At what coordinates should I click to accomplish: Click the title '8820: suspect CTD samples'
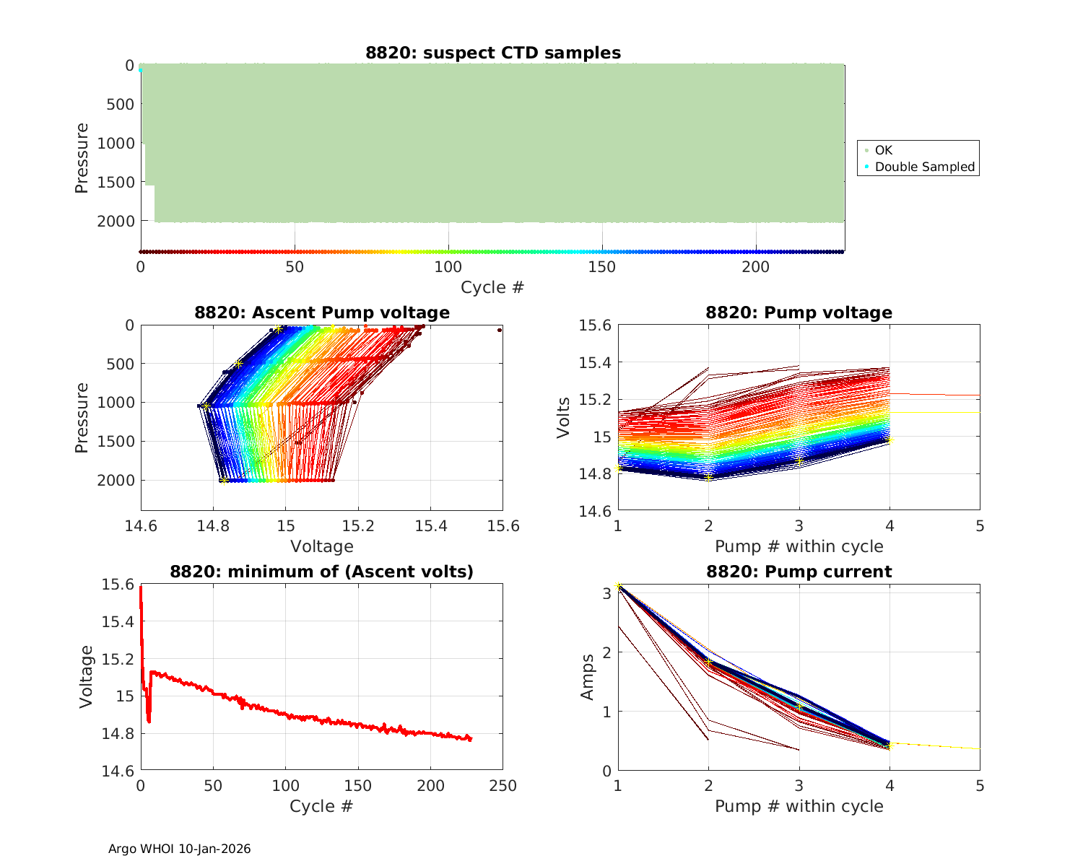492,53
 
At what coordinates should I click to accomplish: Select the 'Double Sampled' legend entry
924,167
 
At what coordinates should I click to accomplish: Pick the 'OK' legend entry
883,150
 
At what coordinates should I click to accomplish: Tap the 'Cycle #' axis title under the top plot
492,287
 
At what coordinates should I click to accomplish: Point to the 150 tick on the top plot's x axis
602,267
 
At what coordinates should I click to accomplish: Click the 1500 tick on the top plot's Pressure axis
116,182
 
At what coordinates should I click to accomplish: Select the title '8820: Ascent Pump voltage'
322,312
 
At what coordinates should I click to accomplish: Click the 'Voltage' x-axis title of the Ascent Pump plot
322,546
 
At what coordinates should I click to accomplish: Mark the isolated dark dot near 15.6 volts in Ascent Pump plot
499,330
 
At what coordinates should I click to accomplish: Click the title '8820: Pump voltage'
799,312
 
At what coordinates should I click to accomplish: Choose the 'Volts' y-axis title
563,418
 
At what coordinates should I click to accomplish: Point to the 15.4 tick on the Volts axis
593,362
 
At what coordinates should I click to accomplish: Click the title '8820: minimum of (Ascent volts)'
322,572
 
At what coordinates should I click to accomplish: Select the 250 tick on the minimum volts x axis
503,786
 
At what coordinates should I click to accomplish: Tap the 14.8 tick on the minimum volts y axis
117,734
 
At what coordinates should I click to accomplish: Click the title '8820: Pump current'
799,572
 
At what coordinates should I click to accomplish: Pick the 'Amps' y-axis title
588,677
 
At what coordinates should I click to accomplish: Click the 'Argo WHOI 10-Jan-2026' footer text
179,849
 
